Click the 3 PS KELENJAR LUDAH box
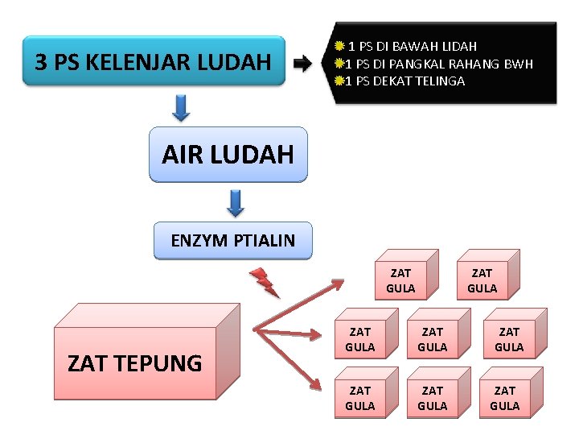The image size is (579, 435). coord(154,61)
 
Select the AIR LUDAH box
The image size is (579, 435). coord(228,154)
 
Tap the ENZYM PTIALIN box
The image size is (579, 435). coord(232,240)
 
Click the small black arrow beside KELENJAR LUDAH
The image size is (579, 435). coord(303,64)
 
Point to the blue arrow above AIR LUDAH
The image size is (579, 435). coord(182,107)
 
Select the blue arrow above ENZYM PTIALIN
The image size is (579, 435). coord(235,202)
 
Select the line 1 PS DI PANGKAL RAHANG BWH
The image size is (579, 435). coord(439,64)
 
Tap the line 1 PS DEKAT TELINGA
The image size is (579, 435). coord(405,81)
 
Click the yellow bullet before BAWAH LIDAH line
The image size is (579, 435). coord(340,47)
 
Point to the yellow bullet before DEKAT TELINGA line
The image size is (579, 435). coord(339,81)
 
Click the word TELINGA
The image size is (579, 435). coord(440,81)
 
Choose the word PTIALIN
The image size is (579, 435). coord(262,240)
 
